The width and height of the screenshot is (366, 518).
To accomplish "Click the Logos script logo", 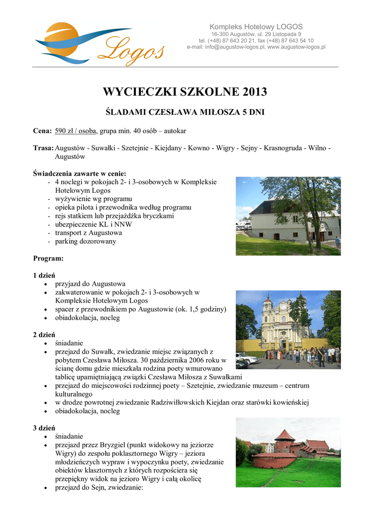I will click(x=134, y=50).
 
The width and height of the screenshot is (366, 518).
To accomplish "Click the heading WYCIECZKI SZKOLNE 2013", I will click(x=185, y=92).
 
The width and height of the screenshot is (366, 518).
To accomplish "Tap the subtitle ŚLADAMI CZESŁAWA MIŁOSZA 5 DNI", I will click(x=185, y=111).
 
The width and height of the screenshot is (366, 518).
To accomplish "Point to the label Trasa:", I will click(x=43, y=148).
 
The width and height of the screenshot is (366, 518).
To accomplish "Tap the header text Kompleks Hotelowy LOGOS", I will click(x=256, y=27).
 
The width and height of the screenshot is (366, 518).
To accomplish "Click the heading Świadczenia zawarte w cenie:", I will click(x=79, y=173).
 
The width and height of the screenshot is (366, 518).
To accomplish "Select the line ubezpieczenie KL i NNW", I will click(x=91, y=224).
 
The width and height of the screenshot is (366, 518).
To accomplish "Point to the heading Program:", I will click(x=48, y=258).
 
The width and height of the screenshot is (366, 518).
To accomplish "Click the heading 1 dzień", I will click(x=44, y=275).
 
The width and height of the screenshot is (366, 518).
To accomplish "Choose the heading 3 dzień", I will click(x=44, y=428).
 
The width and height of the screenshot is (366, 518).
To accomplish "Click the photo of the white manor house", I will click(x=288, y=216).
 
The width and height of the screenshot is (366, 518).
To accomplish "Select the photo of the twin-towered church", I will click(x=288, y=329).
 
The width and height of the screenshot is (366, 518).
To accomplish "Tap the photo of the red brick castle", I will click(x=288, y=452).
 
